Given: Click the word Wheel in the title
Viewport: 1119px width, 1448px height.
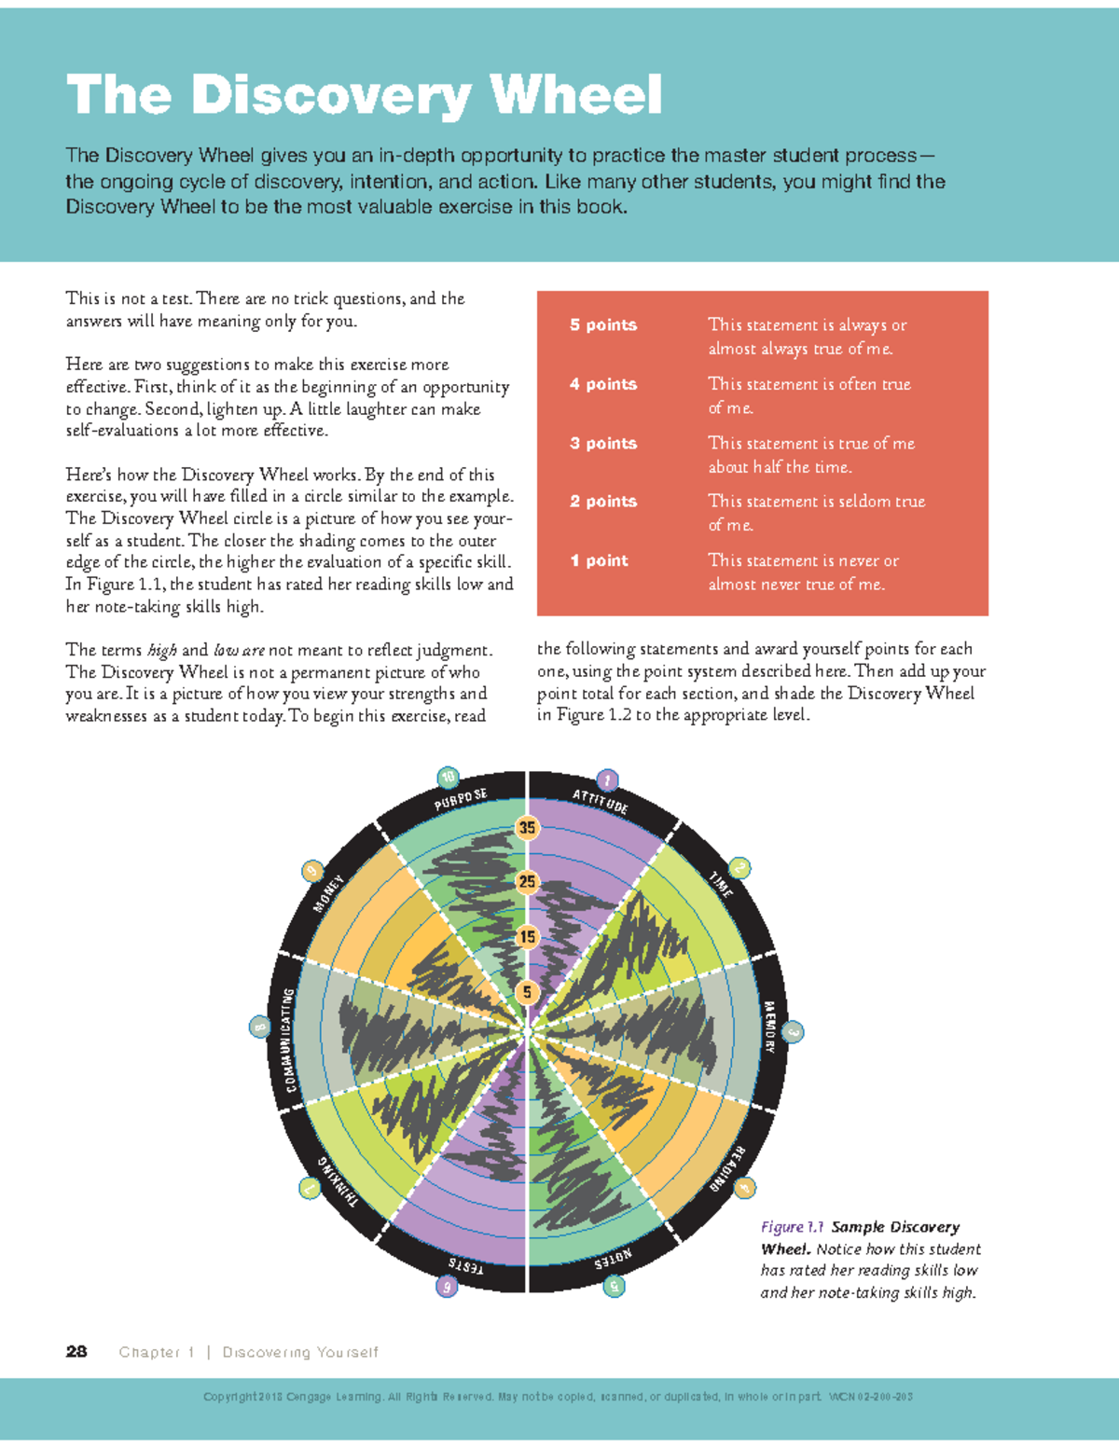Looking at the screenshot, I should point(575,95).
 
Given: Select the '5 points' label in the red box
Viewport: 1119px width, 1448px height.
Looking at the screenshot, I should point(603,325).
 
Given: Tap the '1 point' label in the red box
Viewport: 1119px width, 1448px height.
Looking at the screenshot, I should point(599,560).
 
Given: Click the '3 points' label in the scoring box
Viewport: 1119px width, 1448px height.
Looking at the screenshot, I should point(603,444).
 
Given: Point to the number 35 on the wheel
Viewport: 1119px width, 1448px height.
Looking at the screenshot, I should point(528,827).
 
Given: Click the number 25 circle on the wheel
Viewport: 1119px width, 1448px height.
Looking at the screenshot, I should point(528,881).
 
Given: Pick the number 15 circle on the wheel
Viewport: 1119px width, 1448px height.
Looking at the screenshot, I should point(528,936).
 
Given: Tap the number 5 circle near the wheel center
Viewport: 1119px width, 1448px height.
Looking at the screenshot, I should point(528,992).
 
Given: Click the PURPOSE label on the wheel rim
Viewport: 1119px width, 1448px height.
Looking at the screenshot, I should point(461,800).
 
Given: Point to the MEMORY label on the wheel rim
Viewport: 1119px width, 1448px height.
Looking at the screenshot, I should point(769,1027).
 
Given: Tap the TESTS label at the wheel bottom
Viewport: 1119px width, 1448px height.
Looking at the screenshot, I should point(465,1266).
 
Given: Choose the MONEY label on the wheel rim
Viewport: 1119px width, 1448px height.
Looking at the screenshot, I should point(329,893).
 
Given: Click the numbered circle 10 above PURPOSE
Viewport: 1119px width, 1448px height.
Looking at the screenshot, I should point(449,777).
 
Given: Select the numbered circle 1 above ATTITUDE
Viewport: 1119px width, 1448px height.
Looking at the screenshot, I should point(607,779).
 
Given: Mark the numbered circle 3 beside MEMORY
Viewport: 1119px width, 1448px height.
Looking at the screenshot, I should point(793,1032).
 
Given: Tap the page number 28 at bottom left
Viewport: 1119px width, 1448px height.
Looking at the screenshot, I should point(76,1352).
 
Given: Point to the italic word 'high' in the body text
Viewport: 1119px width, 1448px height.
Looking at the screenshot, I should point(162,651).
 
